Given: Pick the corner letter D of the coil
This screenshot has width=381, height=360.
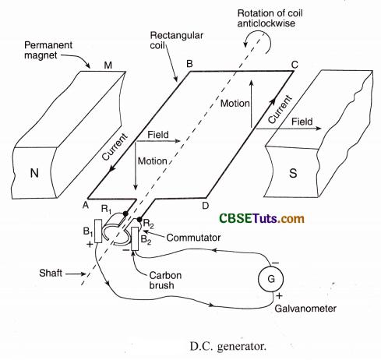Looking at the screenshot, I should coord(205,206).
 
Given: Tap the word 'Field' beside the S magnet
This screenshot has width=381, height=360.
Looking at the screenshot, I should coord(304,122).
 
